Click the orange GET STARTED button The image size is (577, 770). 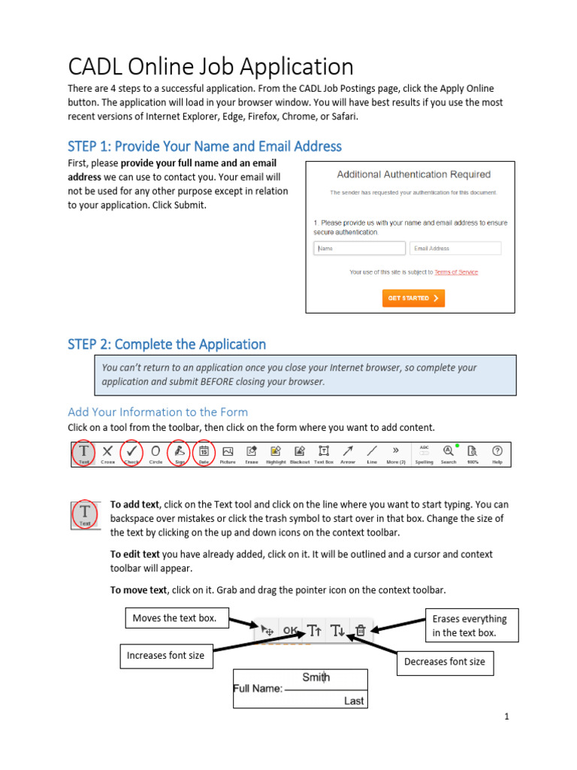coord(413,299)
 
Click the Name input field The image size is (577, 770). coord(359,248)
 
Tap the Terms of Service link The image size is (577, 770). coord(455,272)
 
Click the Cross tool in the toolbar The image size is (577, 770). coord(107,454)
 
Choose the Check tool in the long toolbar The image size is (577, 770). coord(131,453)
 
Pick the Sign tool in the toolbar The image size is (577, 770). coord(180,453)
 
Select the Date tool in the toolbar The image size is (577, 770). coord(204,453)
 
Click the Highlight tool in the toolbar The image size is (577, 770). coord(276,453)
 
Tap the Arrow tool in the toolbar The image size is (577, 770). coord(347,453)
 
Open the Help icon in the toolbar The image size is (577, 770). coord(497,453)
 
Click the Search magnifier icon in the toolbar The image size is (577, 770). coord(449,453)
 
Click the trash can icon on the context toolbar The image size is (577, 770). coord(360,631)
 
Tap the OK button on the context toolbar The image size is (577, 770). coord(290,631)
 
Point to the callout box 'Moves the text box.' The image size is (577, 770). coord(174,618)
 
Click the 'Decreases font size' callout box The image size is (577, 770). coord(444,662)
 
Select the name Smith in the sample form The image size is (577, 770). coord(316,677)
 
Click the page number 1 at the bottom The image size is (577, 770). coord(507,717)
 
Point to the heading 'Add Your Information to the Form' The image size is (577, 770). coord(158,412)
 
